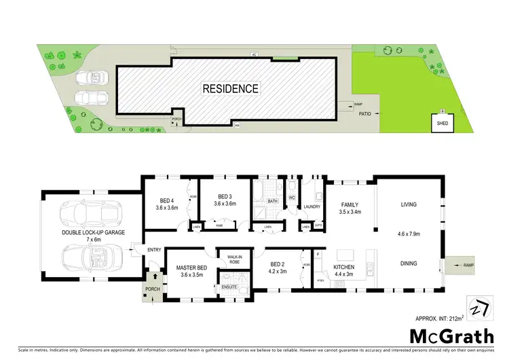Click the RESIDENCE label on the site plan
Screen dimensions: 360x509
click(229, 88)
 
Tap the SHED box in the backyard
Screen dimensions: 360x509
click(442, 124)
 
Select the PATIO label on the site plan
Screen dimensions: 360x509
click(369, 114)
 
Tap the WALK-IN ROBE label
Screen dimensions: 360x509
click(233, 259)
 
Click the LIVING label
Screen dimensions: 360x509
click(409, 204)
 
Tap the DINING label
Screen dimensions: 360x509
click(409, 264)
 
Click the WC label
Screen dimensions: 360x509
click(293, 199)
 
